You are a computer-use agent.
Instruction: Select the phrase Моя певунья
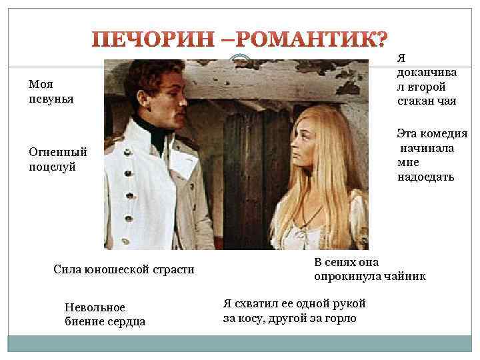click(51, 91)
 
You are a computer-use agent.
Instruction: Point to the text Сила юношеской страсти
click(123, 269)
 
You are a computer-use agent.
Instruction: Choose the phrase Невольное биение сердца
click(105, 314)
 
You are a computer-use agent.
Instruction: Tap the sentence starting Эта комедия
click(431, 155)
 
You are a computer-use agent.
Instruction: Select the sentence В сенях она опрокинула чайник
click(369, 269)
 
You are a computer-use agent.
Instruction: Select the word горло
click(339, 318)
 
